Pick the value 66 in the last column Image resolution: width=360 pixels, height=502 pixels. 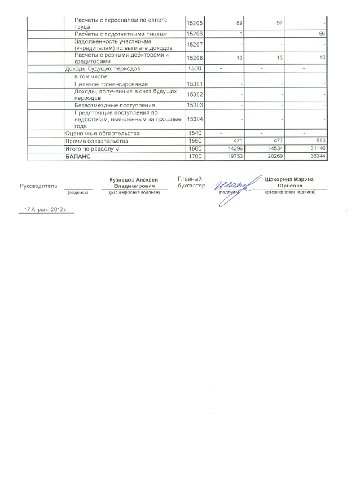click(x=322, y=34)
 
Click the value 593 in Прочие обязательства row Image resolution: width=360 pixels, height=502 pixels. click(x=321, y=140)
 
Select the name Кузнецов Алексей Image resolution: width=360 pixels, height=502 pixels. click(x=134, y=179)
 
